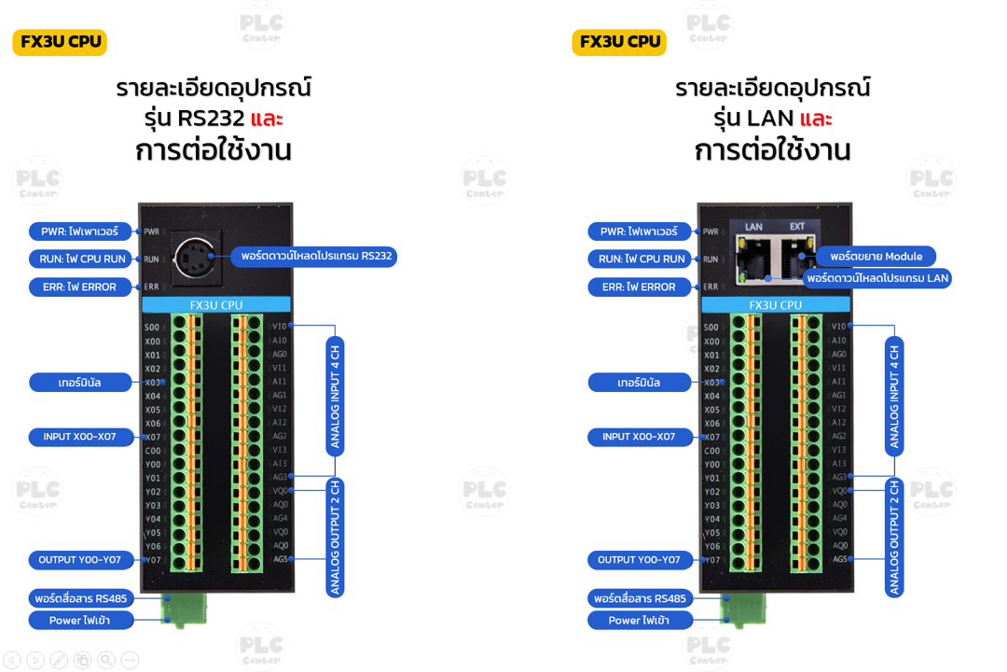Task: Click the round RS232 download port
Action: click(x=196, y=254)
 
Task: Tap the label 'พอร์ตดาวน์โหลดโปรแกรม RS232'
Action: click(x=315, y=256)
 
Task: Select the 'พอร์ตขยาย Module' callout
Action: click(x=876, y=256)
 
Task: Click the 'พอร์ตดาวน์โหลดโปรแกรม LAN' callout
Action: click(x=877, y=278)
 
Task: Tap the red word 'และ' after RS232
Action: click(x=267, y=119)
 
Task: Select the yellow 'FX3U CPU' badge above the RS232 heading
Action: click(x=60, y=42)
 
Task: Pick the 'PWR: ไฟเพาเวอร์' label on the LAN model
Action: click(x=640, y=231)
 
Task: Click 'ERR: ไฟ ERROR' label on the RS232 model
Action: click(x=79, y=287)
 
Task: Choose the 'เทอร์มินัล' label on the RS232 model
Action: click(x=79, y=383)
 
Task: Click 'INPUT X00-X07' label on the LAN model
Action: click(x=640, y=437)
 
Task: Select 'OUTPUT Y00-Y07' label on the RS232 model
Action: click(x=79, y=560)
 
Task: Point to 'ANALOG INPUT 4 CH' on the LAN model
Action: click(x=894, y=396)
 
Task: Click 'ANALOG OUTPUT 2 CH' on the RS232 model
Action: click(x=335, y=538)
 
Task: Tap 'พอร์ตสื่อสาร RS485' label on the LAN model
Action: click(x=640, y=598)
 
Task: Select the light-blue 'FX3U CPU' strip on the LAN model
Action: click(x=775, y=305)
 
